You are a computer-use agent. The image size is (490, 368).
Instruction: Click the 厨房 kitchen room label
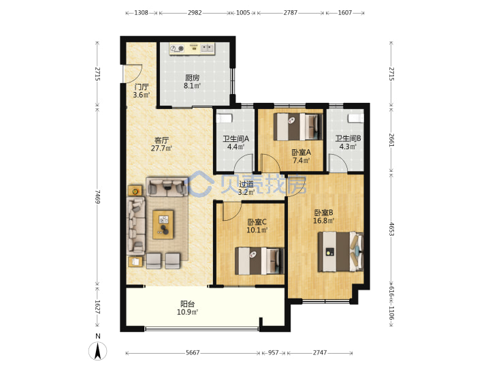coord(192,78)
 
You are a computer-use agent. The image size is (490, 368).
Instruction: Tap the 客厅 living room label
coord(161,140)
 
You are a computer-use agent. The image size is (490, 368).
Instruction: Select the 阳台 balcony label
coord(188,304)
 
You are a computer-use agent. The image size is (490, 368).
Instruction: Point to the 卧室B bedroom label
coord(323,213)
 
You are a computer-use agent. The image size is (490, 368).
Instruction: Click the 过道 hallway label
coord(246,184)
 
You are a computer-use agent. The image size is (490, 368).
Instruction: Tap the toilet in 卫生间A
coord(225,119)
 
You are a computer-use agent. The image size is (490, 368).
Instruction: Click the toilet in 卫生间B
coord(356,119)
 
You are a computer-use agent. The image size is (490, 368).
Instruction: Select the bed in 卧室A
coord(298,127)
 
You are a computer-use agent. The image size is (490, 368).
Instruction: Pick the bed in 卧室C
coord(259,260)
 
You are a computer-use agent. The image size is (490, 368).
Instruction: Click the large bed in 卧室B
coord(341,251)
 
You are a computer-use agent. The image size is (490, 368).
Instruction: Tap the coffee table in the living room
coord(163,225)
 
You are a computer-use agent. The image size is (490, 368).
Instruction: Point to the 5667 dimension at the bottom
coord(193,353)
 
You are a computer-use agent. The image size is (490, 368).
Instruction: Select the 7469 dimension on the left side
coord(98,196)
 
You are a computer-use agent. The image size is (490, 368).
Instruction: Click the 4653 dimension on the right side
coord(391,230)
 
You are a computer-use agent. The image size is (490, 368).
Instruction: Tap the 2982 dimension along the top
coord(195,13)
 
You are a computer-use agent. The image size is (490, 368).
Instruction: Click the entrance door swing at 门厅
coord(134,74)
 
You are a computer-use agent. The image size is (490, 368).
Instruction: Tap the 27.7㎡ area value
coord(161,148)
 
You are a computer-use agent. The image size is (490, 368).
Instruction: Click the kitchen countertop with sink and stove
coord(192,48)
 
